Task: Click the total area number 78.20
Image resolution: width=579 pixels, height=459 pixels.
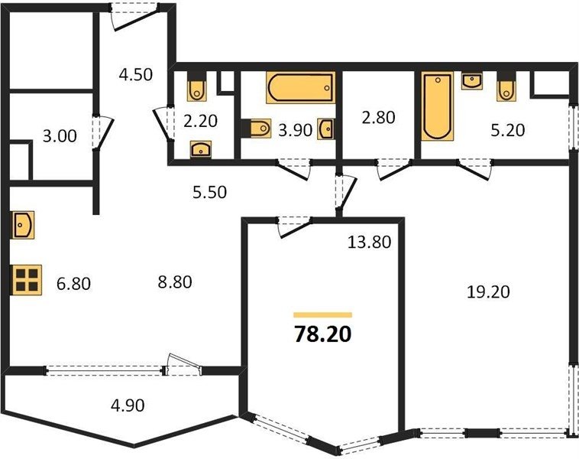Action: pos(323,334)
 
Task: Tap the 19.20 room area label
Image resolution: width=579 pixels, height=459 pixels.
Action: pos(488,292)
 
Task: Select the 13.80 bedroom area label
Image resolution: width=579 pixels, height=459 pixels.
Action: pos(369,243)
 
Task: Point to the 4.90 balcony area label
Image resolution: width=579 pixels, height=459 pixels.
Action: pos(128,405)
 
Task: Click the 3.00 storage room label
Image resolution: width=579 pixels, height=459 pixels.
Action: pos(60,136)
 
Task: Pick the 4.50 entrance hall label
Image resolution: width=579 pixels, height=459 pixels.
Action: pos(135,75)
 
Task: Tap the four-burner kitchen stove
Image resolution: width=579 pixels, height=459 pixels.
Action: pos(27,280)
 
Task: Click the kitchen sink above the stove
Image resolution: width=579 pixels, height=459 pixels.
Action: pos(23,224)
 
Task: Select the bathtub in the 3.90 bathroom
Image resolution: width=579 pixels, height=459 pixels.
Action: pos(301,88)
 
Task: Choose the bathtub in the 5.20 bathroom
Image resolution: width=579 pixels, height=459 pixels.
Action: pos(438,106)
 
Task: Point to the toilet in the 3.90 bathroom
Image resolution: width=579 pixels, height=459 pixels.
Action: pos(260,129)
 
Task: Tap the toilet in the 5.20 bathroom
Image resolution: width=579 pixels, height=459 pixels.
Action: pos(506,90)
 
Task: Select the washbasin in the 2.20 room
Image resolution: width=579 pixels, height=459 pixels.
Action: pos(201,149)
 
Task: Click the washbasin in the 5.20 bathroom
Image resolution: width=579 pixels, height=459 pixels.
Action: pos(472,81)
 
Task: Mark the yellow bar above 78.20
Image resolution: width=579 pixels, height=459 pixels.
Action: pos(323,315)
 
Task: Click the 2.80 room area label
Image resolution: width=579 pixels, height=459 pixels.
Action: pos(379,118)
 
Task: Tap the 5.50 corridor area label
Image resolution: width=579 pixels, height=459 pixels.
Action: pos(210,192)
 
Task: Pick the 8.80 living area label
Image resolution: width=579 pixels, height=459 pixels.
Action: pos(175,282)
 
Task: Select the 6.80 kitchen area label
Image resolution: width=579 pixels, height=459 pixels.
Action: pos(74,284)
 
